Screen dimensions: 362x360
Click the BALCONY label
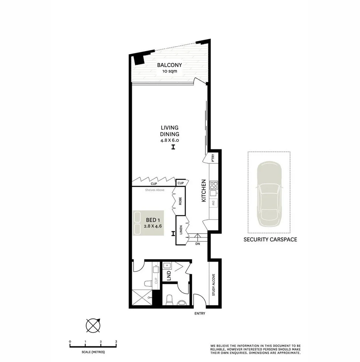point(169,65)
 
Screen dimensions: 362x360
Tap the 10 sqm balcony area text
point(169,71)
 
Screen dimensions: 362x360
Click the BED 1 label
point(153,220)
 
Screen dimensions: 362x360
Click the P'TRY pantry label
point(213,157)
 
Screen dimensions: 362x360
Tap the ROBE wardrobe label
point(180,201)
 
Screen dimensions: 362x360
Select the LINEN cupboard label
point(181,231)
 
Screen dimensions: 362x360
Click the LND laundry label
point(169,276)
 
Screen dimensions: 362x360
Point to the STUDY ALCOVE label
point(214,285)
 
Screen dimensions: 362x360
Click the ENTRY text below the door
point(200,314)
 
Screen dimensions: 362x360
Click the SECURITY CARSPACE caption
point(270,239)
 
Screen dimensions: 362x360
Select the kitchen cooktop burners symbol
point(214,185)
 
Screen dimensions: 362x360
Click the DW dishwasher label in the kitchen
point(214,202)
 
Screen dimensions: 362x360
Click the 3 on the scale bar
point(116,342)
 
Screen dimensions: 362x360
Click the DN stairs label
point(198,244)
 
